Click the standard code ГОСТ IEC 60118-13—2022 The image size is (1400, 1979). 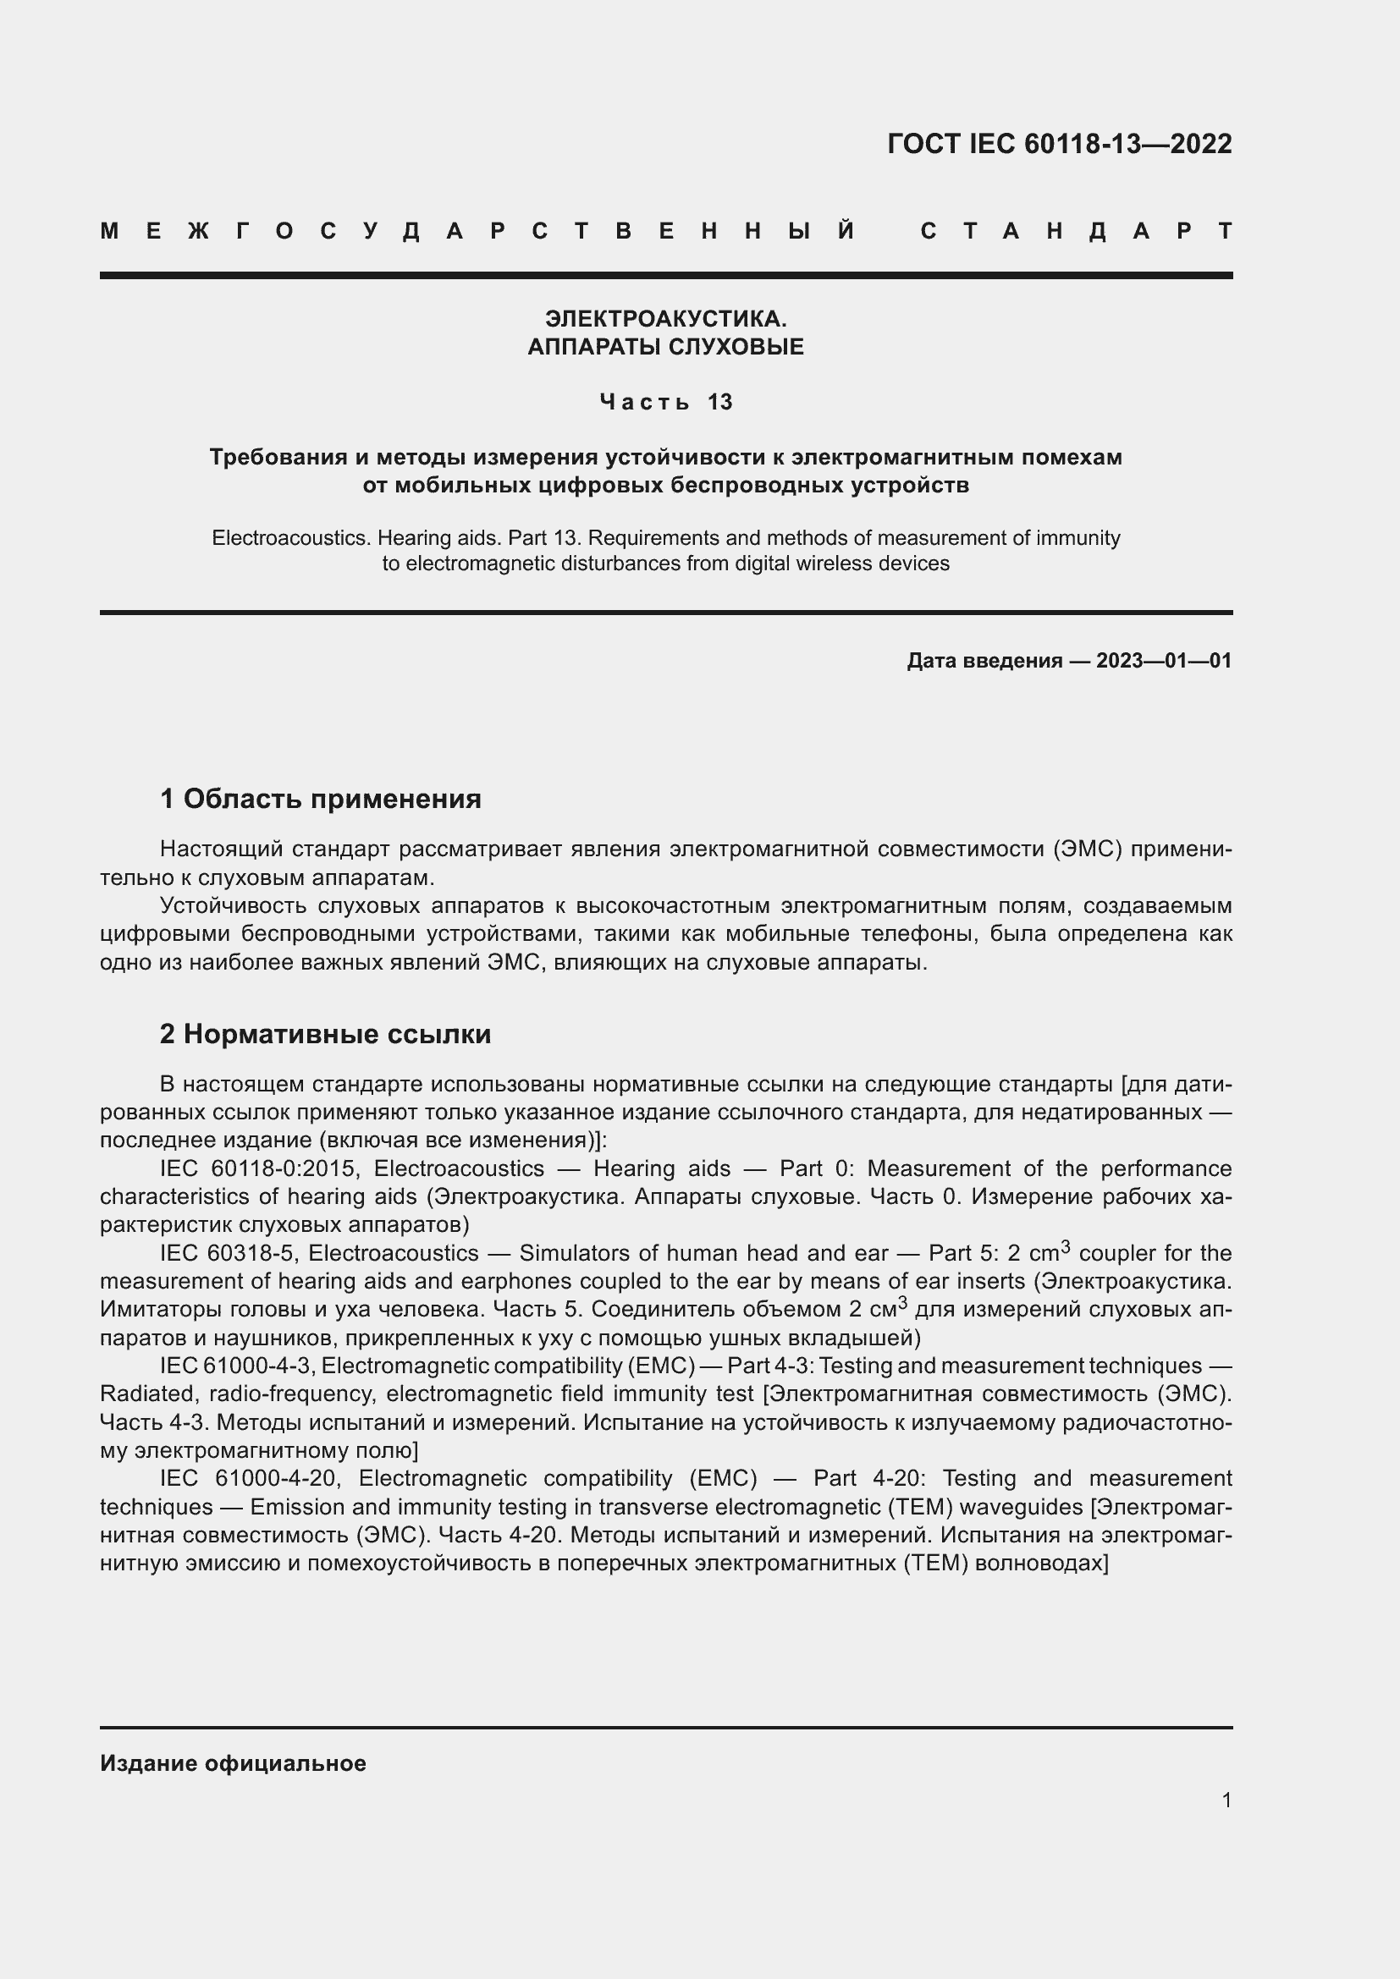[1059, 144]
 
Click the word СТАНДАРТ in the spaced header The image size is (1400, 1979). [1076, 231]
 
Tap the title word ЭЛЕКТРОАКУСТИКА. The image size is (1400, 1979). [665, 319]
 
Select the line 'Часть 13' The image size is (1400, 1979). [665, 402]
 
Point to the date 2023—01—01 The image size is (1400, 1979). [1163, 661]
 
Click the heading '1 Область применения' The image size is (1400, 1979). [320, 799]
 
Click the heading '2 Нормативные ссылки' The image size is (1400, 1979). [325, 1033]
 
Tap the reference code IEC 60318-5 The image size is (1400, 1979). [227, 1253]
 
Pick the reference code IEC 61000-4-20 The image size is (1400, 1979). [247, 1478]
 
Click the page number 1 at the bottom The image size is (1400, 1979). [1226, 1800]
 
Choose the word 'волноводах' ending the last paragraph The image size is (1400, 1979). [1041, 1563]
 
